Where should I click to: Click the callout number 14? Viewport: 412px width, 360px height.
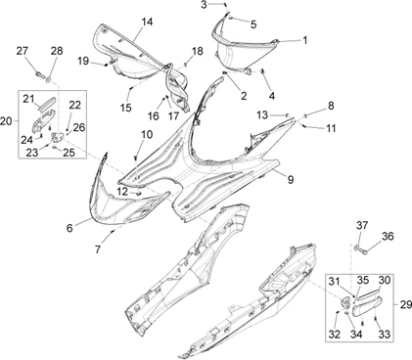pos(147,22)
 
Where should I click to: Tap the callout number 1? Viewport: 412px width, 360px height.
pos(304,40)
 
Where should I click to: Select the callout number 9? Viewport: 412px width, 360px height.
pos(290,179)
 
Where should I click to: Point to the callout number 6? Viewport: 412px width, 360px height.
pos(69,228)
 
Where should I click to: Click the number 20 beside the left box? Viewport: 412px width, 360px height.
pos(6,121)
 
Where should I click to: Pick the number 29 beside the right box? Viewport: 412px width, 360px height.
pos(406,305)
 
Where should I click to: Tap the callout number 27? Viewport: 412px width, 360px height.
pos(23,51)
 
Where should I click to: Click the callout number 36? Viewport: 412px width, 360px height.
pos(388,236)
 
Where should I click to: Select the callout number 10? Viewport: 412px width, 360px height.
pos(147,134)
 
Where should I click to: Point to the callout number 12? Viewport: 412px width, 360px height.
pos(122,192)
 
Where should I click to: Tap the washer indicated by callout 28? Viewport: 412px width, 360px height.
pos(49,78)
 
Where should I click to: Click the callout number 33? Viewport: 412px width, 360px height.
pos(385,334)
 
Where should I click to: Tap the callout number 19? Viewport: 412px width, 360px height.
pos(83,61)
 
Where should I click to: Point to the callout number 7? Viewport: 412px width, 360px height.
pos(98,249)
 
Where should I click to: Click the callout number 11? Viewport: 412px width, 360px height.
pos(331,129)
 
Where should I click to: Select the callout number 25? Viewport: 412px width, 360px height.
pos(69,153)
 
